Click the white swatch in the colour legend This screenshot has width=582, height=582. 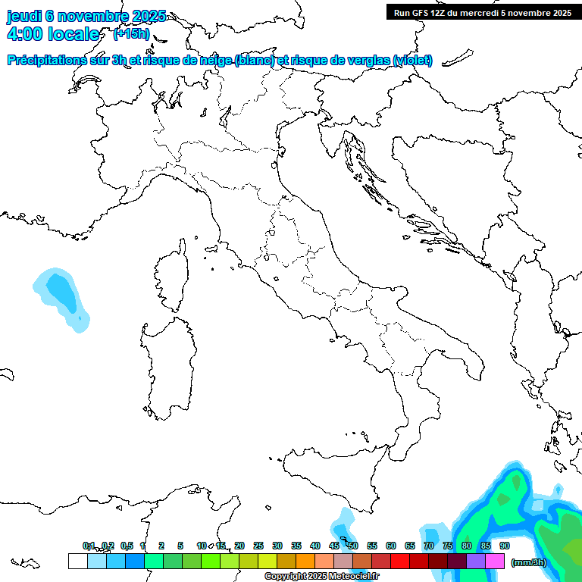pyautogui.click(x=77, y=562)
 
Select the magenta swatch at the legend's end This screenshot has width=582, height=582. pyautogui.click(x=495, y=562)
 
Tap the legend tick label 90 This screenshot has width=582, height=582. pyautogui.click(x=505, y=546)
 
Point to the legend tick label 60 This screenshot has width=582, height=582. pyautogui.click(x=391, y=546)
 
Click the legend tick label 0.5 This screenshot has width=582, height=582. pyautogui.click(x=127, y=546)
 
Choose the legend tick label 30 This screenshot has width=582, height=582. pyautogui.click(x=277, y=546)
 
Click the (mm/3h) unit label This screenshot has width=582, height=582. pyautogui.click(x=529, y=562)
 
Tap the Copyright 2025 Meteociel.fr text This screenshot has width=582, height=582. pyautogui.click(x=321, y=577)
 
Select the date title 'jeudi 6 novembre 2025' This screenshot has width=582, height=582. pyautogui.click(x=86, y=17)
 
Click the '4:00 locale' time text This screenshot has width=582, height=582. pyautogui.click(x=53, y=34)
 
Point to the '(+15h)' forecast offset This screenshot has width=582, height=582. pyautogui.click(x=131, y=34)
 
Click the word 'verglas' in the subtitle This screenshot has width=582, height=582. pyautogui.click(x=368, y=60)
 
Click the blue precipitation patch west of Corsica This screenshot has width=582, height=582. pyautogui.click(x=61, y=296)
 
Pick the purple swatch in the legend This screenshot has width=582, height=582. pyautogui.click(x=476, y=562)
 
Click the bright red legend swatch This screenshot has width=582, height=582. pyautogui.click(x=400, y=562)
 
